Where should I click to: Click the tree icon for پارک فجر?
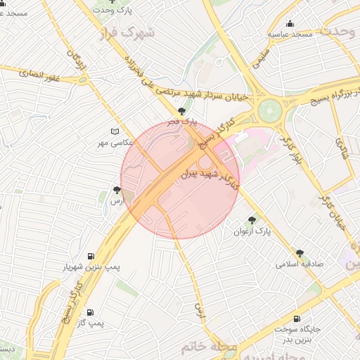[182, 111]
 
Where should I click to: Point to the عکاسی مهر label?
[115, 143]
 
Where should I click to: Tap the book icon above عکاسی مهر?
[115, 132]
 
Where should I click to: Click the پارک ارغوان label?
[252, 231]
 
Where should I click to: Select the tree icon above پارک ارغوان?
[252, 220]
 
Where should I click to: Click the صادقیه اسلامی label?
[300, 264]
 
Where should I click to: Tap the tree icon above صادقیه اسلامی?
[300, 253]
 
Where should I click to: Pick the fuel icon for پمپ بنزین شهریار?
[91, 257]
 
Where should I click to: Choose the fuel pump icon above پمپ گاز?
[91, 312]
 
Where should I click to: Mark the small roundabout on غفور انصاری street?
[84, 79]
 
